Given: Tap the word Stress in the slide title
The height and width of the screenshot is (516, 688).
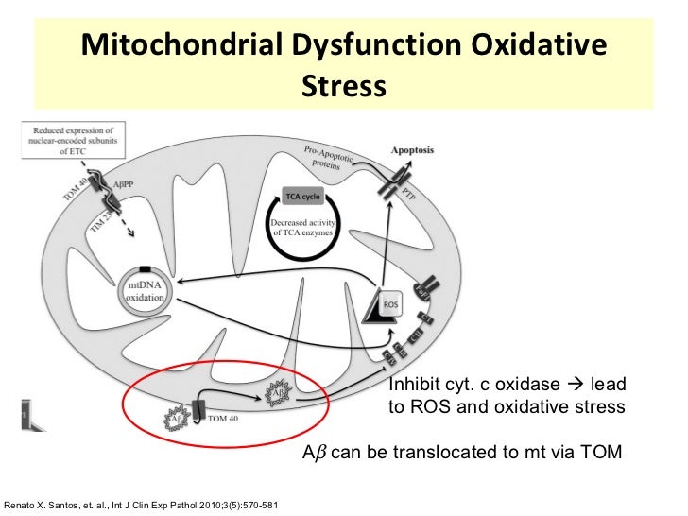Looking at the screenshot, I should click(x=343, y=86).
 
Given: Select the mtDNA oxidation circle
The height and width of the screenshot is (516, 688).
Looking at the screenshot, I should click(x=144, y=289).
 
